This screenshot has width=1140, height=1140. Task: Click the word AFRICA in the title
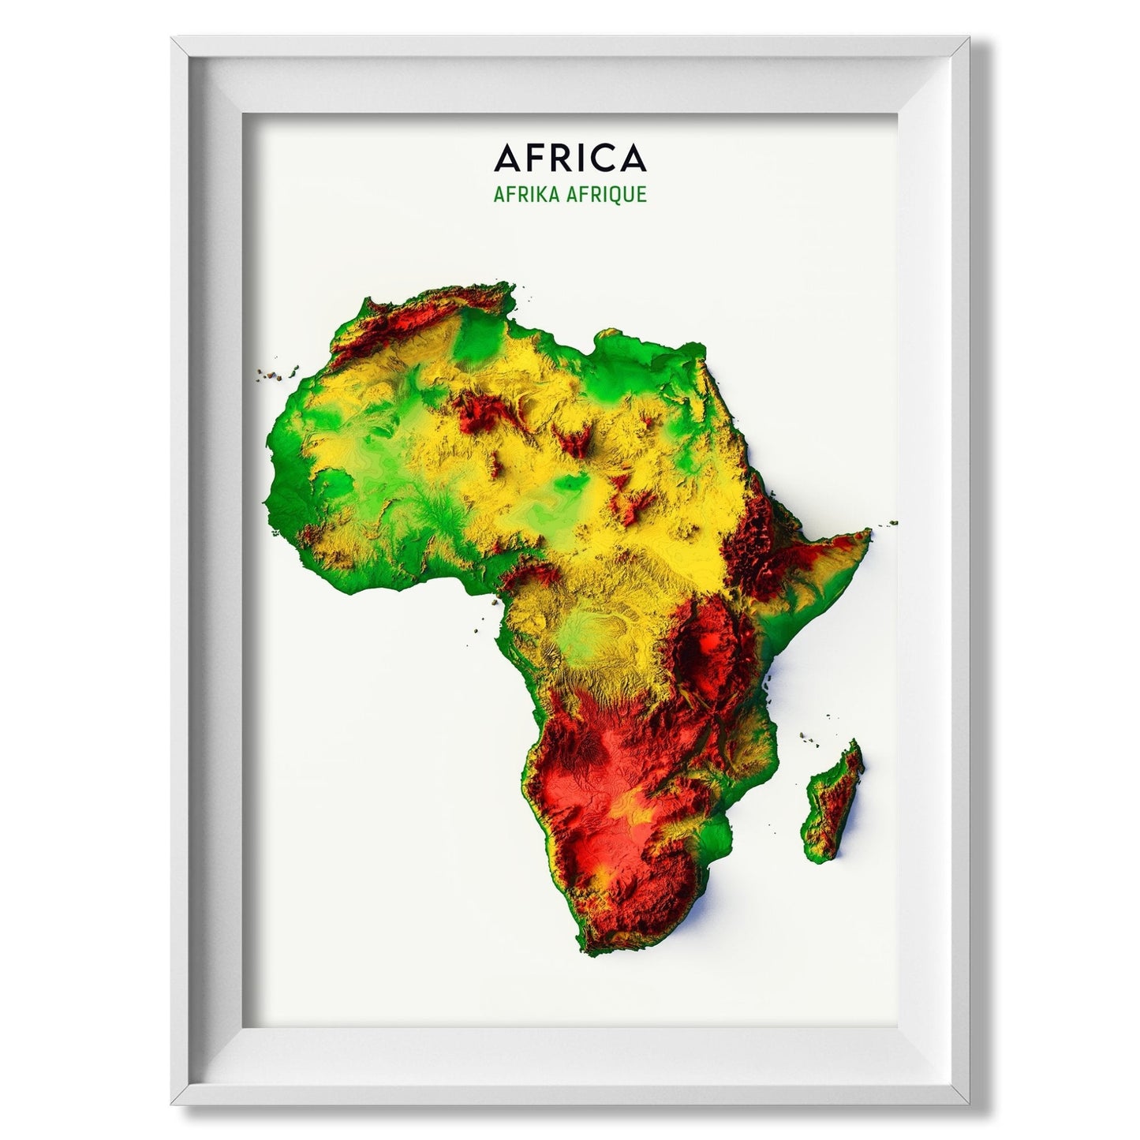pos(570,158)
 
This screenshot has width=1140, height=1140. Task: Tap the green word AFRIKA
pos(528,194)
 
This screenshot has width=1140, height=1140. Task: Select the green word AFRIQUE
pos(607,195)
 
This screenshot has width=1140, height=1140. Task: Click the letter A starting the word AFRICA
pos(506,158)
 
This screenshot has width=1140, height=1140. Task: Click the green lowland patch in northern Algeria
pos(477,335)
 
